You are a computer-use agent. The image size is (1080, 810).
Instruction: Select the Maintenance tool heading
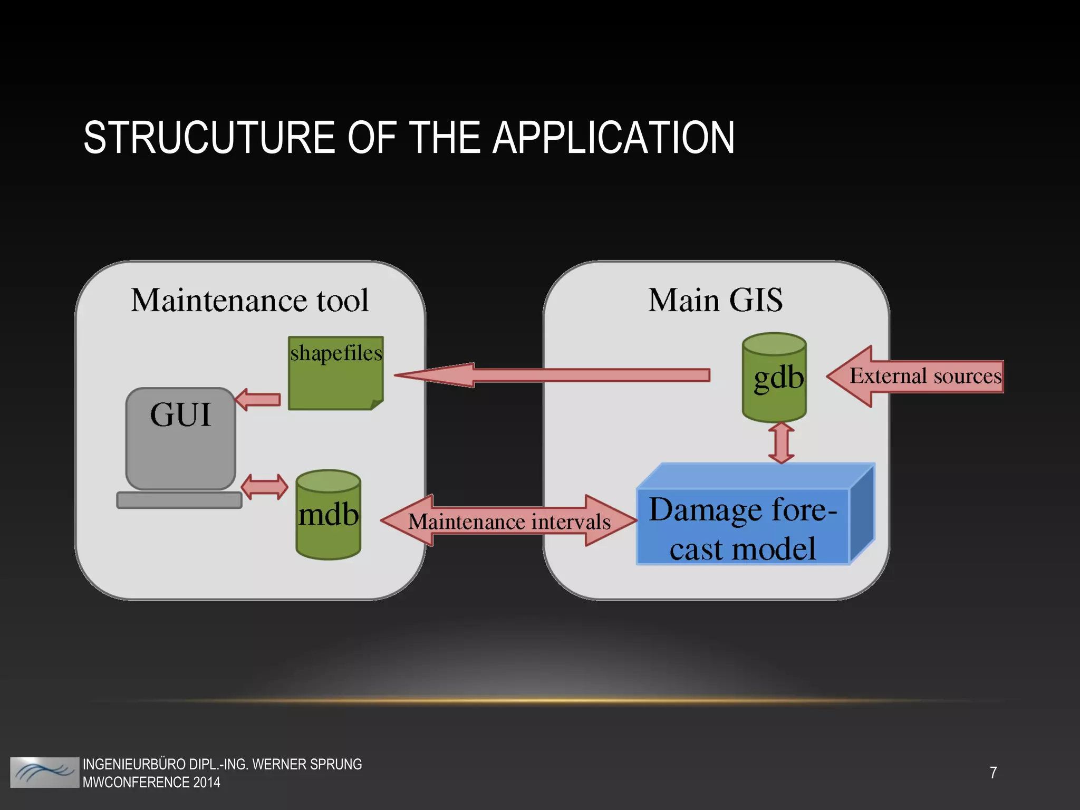coord(249,301)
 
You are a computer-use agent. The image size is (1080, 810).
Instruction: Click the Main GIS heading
coord(715,301)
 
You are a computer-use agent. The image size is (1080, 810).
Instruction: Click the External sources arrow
coord(918,377)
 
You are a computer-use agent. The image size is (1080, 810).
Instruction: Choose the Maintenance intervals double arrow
coord(509,521)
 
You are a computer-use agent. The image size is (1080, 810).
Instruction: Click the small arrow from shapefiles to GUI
coord(258,400)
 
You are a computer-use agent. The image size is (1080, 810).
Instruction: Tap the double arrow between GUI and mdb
coord(265,486)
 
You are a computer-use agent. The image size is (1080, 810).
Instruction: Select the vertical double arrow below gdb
coord(782,443)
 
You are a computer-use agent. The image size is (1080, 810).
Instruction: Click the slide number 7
coord(994,773)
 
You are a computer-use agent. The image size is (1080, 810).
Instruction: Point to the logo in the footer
coord(44,773)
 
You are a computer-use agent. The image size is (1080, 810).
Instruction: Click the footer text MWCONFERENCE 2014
coord(151,782)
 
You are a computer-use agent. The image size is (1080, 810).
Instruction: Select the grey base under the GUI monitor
coord(179,500)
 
